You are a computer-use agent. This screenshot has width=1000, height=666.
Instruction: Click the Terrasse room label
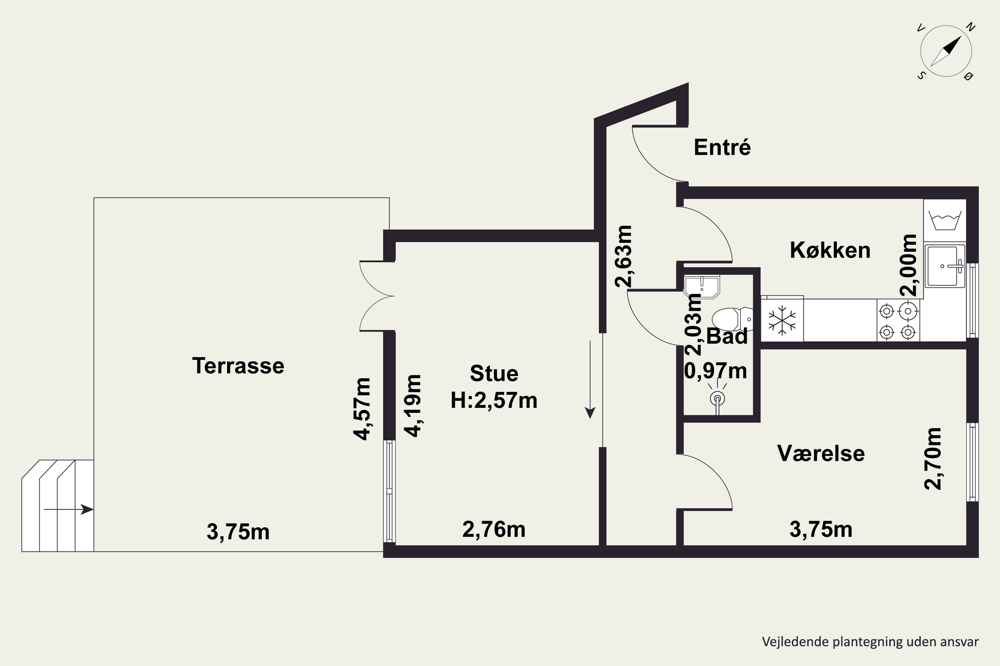(x=238, y=366)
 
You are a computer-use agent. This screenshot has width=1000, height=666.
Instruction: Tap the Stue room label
(x=494, y=373)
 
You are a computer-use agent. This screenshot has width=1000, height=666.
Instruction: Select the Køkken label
(x=830, y=250)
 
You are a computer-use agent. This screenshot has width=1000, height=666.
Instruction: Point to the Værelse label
(x=821, y=453)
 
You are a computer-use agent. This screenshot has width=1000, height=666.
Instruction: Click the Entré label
(x=722, y=148)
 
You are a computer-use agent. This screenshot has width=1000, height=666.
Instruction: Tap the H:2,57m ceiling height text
(x=494, y=400)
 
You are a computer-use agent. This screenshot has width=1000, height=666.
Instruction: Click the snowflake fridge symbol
(x=782, y=320)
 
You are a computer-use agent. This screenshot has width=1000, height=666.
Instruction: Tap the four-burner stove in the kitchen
(x=898, y=321)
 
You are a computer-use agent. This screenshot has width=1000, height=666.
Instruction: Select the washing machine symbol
(x=945, y=220)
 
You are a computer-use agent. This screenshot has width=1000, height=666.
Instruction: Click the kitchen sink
(x=945, y=266)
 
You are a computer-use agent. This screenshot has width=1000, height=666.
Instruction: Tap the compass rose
(x=946, y=51)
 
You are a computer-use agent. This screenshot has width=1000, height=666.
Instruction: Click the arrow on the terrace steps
(x=68, y=509)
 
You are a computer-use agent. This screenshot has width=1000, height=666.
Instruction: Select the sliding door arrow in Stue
(x=590, y=379)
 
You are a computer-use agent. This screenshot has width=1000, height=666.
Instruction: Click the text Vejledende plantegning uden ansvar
(x=870, y=641)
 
